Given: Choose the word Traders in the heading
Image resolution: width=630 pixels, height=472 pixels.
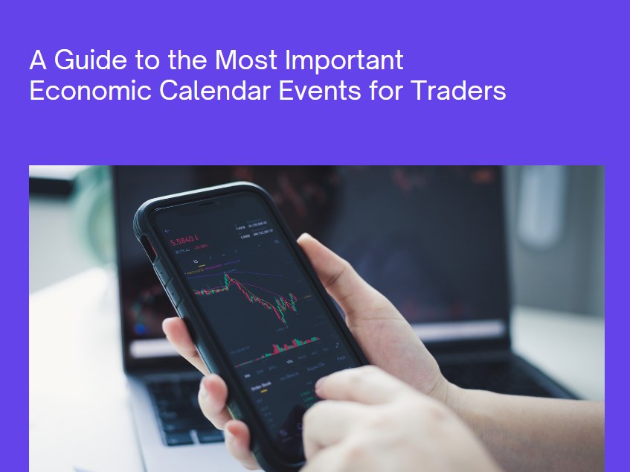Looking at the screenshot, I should tap(458, 91).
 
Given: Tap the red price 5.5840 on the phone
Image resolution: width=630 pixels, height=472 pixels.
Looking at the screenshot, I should tap(183, 240).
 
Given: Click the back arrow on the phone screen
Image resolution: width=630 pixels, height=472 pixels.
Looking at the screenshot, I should tap(167, 231).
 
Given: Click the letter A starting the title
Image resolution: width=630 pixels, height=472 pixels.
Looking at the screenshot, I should tap(37, 60).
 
